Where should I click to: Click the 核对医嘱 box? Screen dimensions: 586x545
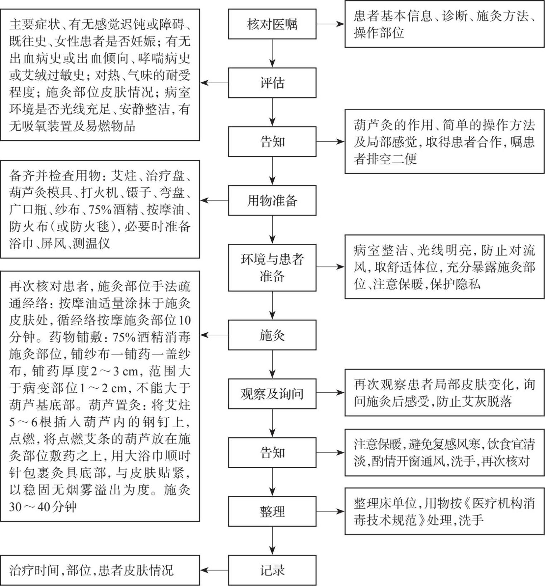tap(272, 24)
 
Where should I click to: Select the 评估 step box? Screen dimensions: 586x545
tap(272, 83)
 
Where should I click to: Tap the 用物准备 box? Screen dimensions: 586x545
tap(272, 200)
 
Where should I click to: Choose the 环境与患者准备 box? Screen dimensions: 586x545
tap(272, 267)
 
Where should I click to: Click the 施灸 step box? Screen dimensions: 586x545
tap(272, 335)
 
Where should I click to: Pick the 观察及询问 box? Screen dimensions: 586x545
tap(272, 394)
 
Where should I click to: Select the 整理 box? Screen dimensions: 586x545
tap(272, 511)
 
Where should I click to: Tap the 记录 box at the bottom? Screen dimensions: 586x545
tap(272, 570)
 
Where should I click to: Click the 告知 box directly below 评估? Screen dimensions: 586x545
tap(272, 141)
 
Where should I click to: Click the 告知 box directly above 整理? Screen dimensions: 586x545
tap(272, 452)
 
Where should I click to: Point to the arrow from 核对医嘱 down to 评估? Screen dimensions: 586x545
tap(272, 53)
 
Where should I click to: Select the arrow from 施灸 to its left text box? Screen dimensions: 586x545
tap(214, 335)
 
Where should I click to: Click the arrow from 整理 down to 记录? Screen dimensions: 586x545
tap(272, 541)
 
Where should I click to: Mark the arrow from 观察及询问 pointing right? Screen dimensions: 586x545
tap(330, 393)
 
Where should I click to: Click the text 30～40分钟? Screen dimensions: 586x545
tap(43, 507)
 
